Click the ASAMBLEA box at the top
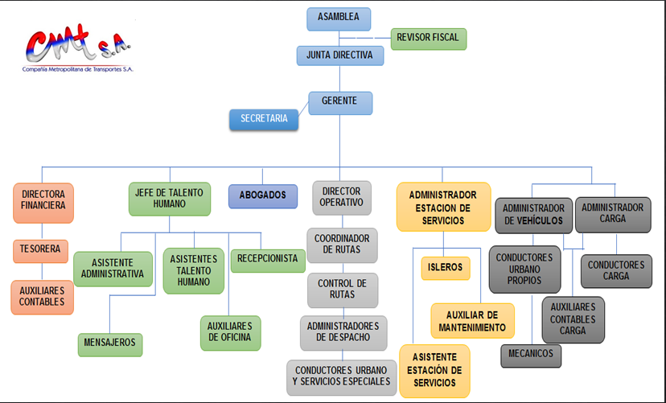click(339, 19)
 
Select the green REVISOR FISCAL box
click(429, 39)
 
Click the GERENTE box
click(341, 102)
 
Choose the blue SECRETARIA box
click(264, 119)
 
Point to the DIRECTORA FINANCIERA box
click(43, 202)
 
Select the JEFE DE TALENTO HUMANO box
click(170, 199)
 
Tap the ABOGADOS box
click(262, 195)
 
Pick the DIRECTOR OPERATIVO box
click(342, 198)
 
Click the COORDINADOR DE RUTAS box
click(342, 245)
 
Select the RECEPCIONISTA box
click(268, 260)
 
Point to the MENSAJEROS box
click(109, 344)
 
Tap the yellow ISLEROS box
click(445, 268)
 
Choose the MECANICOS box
click(531, 355)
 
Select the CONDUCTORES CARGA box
click(615, 271)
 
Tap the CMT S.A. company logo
click(78, 51)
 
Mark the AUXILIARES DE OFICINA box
click(230, 332)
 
